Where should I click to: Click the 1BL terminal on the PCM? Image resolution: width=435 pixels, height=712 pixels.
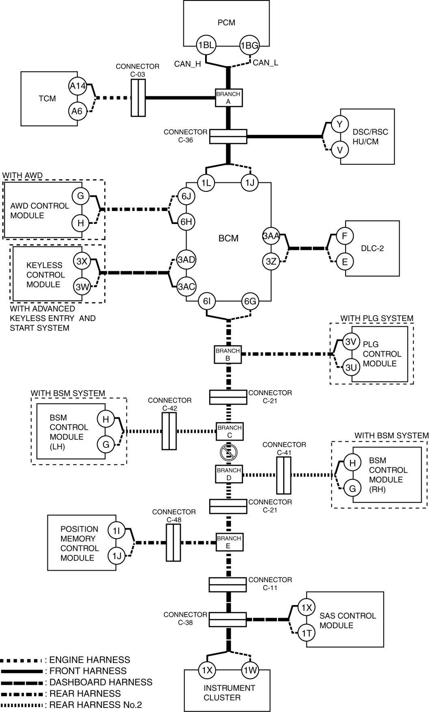(x=206, y=45)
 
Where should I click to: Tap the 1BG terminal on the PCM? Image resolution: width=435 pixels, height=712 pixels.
(x=249, y=45)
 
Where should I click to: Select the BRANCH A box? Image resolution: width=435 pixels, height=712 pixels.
(x=228, y=98)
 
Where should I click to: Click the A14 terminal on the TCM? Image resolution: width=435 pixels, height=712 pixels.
(x=77, y=86)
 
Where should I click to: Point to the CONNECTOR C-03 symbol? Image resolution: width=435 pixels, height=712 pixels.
(x=138, y=98)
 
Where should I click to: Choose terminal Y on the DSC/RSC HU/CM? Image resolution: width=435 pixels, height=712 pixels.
(x=340, y=124)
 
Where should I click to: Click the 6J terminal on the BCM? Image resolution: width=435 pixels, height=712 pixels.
(x=186, y=197)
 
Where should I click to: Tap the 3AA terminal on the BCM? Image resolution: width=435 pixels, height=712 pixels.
(x=271, y=236)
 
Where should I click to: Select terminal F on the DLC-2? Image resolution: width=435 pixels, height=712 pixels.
(x=345, y=236)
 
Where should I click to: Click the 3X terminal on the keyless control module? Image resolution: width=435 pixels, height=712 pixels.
(x=82, y=261)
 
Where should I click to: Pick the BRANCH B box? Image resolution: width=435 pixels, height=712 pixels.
(x=228, y=354)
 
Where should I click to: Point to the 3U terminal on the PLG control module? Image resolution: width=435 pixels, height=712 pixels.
(x=351, y=367)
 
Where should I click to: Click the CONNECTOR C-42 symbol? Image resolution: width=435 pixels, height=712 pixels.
(x=169, y=431)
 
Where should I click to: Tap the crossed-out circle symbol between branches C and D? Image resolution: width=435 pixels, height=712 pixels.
(x=228, y=452)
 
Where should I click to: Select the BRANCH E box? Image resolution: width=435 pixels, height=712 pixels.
(x=228, y=542)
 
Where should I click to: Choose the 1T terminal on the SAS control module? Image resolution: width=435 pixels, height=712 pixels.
(x=306, y=633)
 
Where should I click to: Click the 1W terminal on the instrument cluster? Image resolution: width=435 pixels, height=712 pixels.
(x=250, y=670)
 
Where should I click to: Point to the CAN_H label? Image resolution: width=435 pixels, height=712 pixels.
(x=187, y=64)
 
